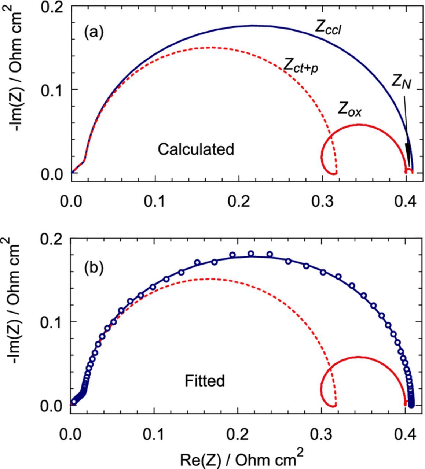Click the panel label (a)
point(94,33)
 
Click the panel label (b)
point(94,268)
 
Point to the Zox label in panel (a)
point(349,109)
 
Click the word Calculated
point(196,149)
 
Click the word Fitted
point(205,381)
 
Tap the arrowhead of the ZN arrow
point(408,158)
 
